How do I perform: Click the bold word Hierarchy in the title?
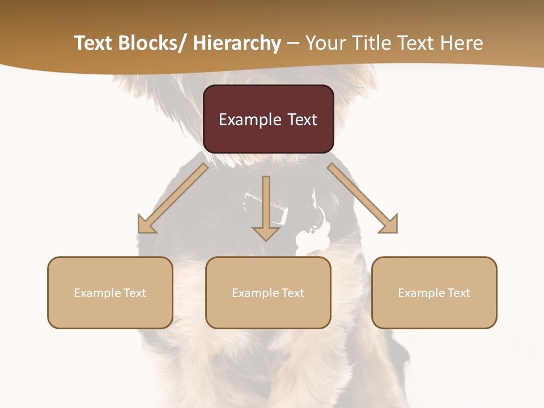pos(237,43)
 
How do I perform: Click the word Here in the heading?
pos(460,43)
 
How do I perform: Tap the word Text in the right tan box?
pos(459,293)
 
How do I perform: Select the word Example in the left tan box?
pos(97,293)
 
